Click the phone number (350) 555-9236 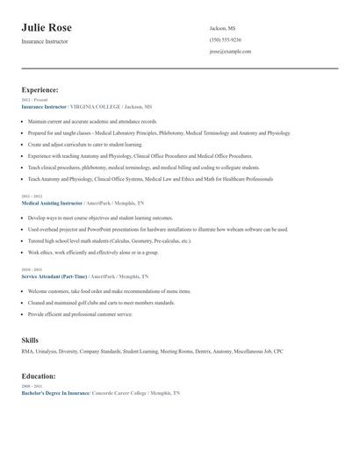(x=225, y=39)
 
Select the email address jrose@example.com (x=230, y=51)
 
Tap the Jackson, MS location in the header (x=222, y=28)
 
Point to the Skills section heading (x=30, y=339)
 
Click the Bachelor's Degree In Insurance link (x=55, y=393)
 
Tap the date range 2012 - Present (x=34, y=100)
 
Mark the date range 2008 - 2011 (x=32, y=385)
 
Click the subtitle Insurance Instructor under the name (x=44, y=41)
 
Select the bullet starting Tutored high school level (x=109, y=240)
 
